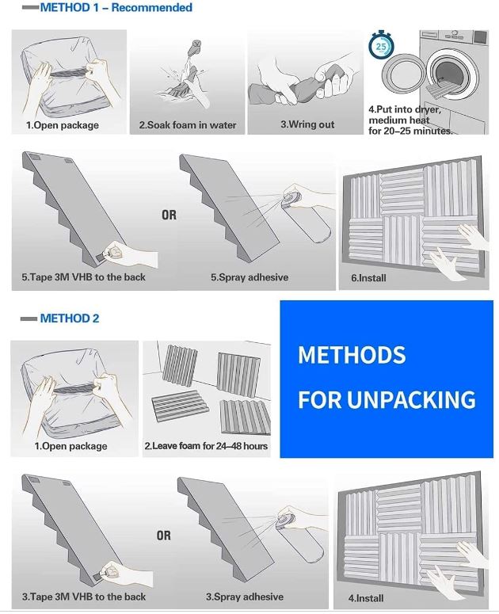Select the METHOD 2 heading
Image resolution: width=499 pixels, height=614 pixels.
(70, 318)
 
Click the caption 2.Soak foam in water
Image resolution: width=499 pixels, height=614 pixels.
(188, 125)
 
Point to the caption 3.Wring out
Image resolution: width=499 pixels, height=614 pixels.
(307, 124)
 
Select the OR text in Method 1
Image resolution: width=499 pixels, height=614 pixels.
(169, 215)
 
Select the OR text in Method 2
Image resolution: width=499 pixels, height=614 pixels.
(163, 536)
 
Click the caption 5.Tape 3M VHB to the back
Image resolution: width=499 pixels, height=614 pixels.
(83, 278)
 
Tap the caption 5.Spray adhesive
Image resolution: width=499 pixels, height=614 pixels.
(249, 278)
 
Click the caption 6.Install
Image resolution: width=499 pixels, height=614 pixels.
(368, 279)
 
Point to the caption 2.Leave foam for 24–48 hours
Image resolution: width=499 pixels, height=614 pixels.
(206, 446)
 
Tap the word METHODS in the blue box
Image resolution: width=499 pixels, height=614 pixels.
(352, 355)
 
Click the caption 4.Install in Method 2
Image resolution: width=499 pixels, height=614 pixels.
(366, 598)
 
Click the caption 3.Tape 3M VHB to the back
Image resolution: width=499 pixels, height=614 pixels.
(83, 597)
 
